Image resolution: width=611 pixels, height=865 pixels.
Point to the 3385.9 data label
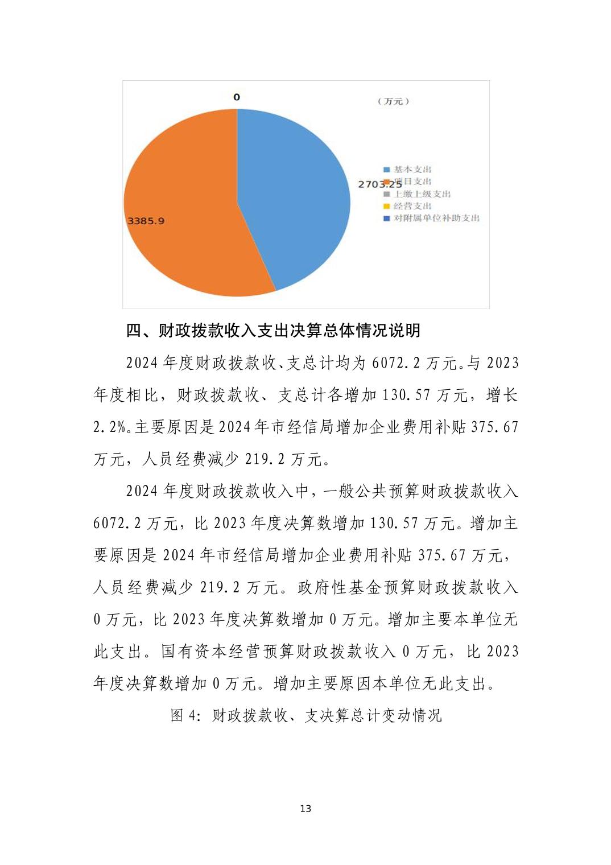(x=146, y=221)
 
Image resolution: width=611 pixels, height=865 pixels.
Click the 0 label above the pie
(x=237, y=97)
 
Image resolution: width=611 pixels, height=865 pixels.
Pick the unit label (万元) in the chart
(x=393, y=101)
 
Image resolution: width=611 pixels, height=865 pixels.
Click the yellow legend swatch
(x=387, y=206)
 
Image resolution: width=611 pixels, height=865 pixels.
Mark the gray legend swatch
(x=387, y=194)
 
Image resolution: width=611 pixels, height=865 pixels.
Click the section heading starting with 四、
(x=273, y=331)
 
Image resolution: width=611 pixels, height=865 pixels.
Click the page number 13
(x=305, y=809)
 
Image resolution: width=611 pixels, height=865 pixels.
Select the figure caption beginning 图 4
(x=306, y=715)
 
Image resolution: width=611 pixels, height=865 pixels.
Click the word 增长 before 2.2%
(x=502, y=395)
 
